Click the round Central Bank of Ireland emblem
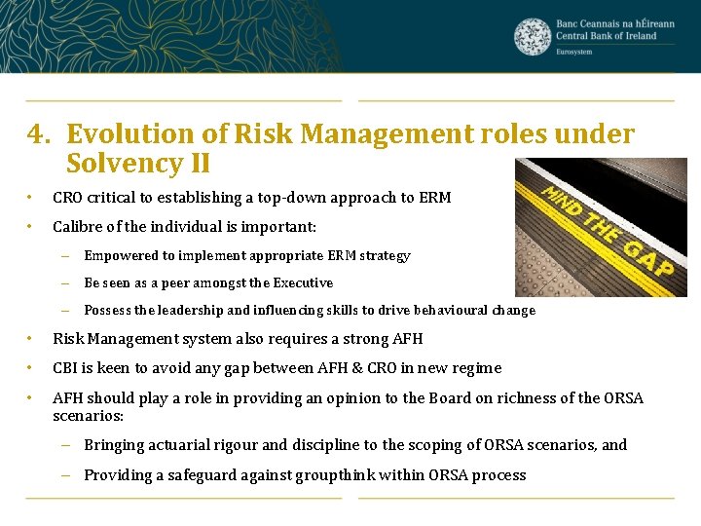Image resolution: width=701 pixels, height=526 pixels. point(533,36)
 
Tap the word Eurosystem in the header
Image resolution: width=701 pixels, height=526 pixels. point(574,52)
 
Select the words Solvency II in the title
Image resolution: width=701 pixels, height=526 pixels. point(138,163)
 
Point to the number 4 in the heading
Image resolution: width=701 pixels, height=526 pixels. point(35,134)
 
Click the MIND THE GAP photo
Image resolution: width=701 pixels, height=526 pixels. point(600,227)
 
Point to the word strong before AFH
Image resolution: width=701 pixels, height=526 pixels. point(361,339)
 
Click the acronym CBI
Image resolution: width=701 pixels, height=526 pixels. point(65,368)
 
